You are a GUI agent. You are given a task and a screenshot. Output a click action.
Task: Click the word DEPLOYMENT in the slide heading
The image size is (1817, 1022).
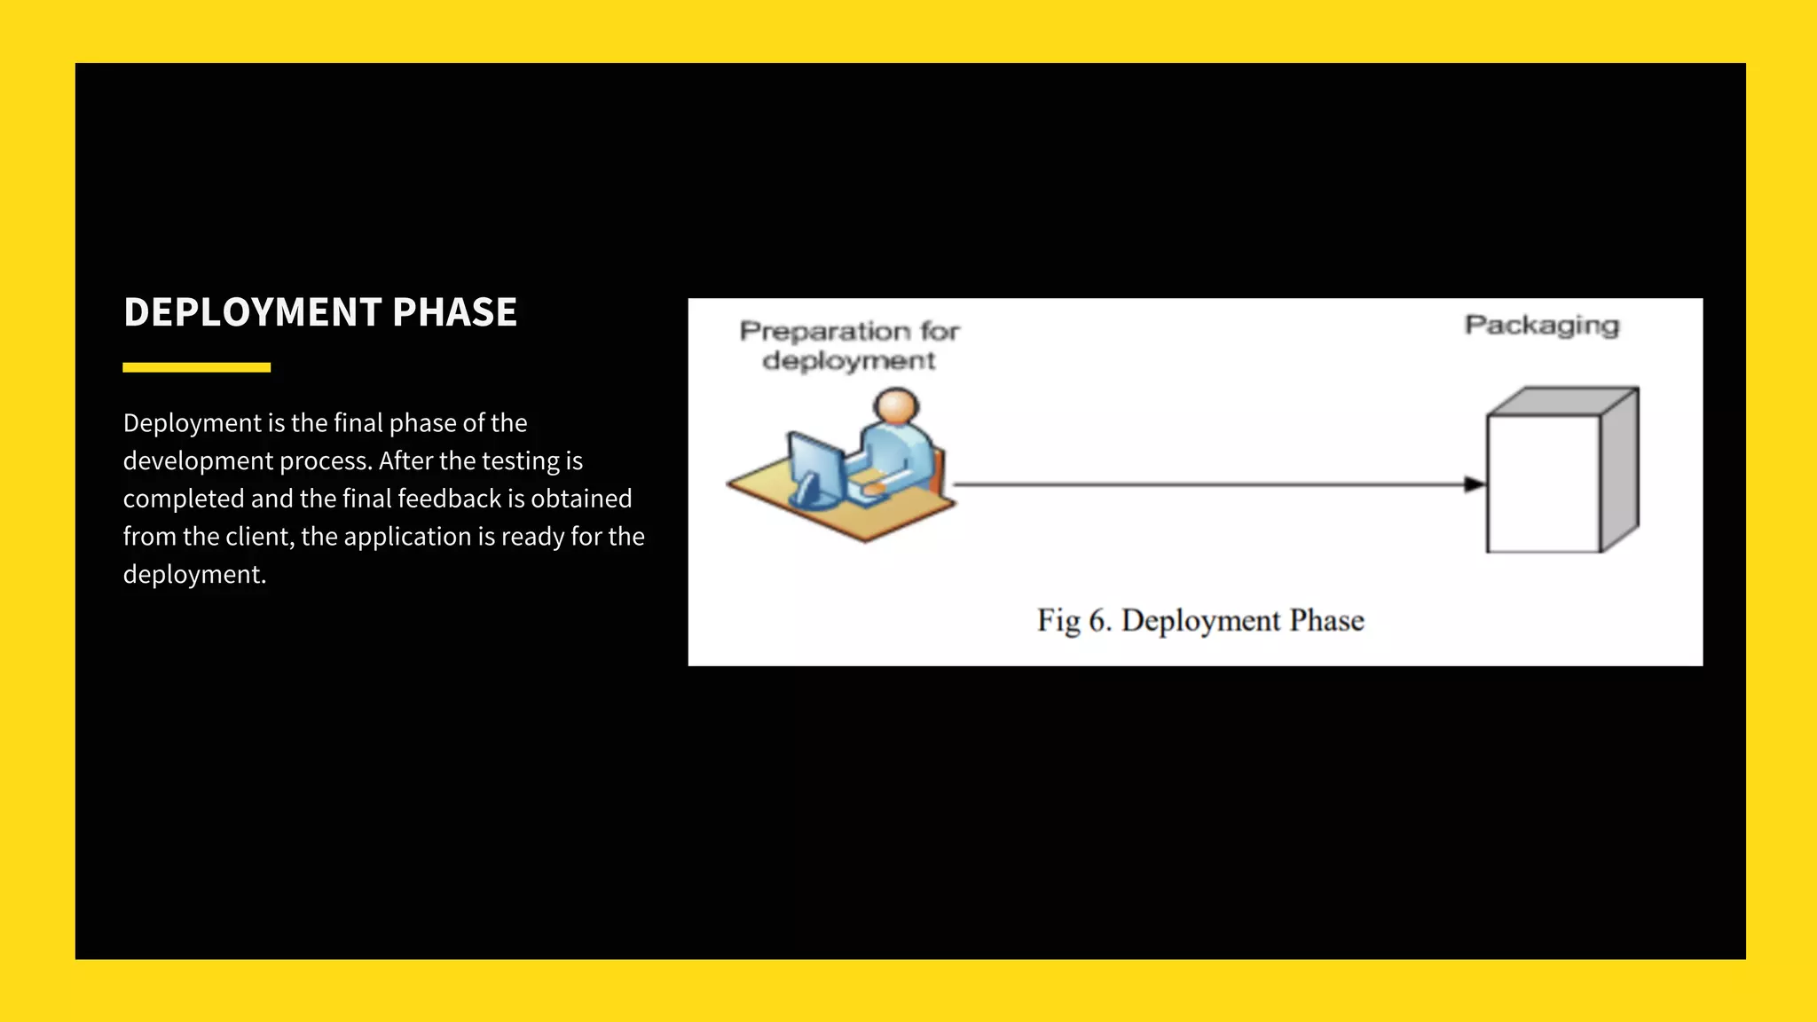(253, 312)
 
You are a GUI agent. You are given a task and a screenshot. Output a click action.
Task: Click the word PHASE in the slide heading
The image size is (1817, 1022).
(454, 312)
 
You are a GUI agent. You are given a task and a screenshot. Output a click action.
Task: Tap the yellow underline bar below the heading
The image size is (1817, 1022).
(196, 367)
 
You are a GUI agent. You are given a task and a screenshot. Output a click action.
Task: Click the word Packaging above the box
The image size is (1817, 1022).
(1542, 326)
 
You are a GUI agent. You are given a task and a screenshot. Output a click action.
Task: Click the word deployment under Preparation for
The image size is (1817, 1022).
(848, 361)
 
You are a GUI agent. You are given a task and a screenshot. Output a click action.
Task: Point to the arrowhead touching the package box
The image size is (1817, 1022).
(1475, 484)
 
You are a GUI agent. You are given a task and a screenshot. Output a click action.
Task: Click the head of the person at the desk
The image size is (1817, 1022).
(896, 406)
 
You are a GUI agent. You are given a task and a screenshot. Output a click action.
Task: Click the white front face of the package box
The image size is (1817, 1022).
(1543, 483)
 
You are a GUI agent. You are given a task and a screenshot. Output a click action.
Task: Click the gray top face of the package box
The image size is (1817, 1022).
(1561, 401)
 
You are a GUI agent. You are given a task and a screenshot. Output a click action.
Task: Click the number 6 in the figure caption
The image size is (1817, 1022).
(1098, 620)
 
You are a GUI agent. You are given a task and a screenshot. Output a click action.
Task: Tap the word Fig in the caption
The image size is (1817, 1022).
(1058, 620)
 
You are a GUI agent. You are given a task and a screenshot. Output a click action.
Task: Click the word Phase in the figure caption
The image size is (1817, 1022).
(1326, 620)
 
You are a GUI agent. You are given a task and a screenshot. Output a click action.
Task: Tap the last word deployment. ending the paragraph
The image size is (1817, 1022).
(194, 575)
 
